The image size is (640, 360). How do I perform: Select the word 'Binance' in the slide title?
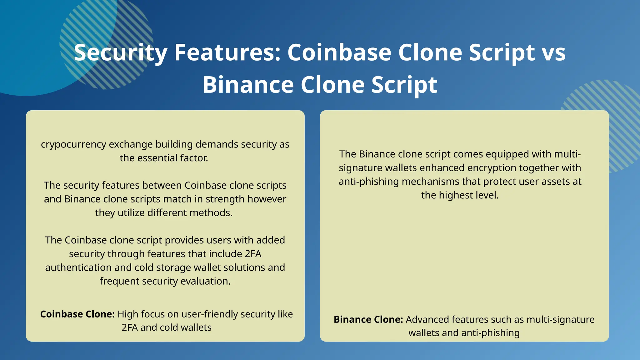pyautogui.click(x=248, y=85)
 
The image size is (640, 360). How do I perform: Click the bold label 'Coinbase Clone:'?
pyautogui.click(x=77, y=314)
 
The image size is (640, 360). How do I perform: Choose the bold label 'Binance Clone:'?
pyautogui.click(x=368, y=319)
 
